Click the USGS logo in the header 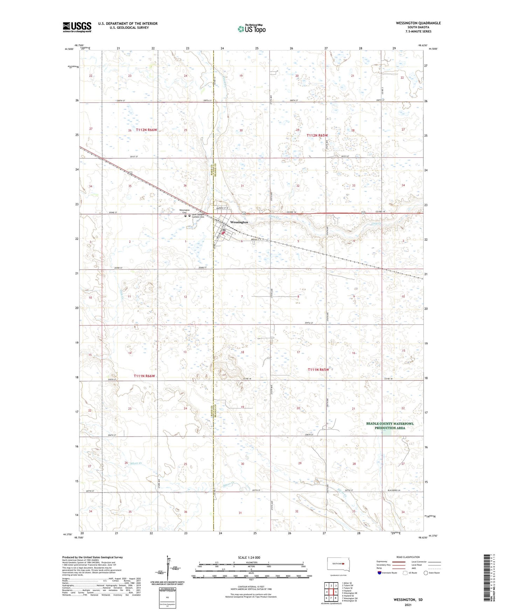pos(77,27)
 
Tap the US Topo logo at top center pos(251,29)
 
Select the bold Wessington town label pos(239,222)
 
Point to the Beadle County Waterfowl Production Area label pos(390,426)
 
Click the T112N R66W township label pos(147,130)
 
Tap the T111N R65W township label pos(318,370)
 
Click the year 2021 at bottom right pos(408,605)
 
